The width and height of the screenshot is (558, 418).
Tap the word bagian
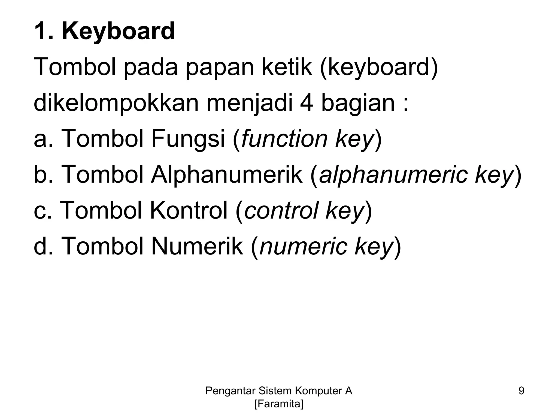357,103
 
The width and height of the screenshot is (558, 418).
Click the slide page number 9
521,391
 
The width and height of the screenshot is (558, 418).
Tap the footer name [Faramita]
279,404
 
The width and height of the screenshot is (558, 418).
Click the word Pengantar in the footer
230,391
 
